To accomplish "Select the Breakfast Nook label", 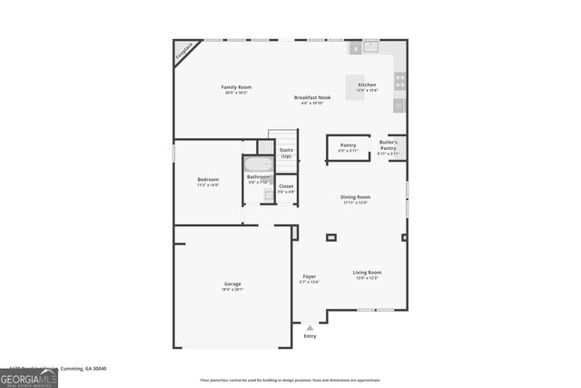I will click(311, 97).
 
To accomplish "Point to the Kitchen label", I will click(367, 85).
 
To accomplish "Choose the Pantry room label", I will click(348, 144).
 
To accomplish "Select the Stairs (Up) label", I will click(286, 152).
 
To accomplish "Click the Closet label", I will click(286, 186).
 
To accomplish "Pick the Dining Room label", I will click(355, 197).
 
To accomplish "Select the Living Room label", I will click(367, 272).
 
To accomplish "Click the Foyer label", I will click(310, 276).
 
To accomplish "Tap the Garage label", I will click(232, 284).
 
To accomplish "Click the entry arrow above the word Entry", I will click(310, 327).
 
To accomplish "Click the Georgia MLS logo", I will click(29, 377).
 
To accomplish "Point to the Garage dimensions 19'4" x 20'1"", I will click(232, 290).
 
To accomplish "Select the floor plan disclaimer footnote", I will click(290, 381).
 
